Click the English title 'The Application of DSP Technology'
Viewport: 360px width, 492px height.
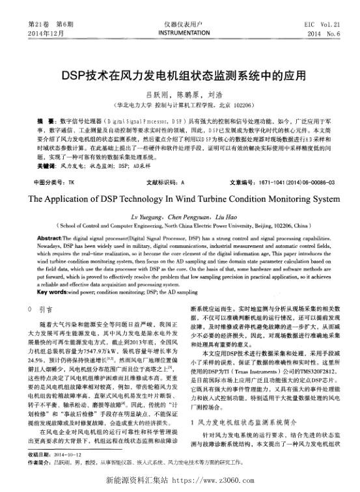point(180,197)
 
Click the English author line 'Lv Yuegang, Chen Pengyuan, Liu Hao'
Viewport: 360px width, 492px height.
point(180,214)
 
